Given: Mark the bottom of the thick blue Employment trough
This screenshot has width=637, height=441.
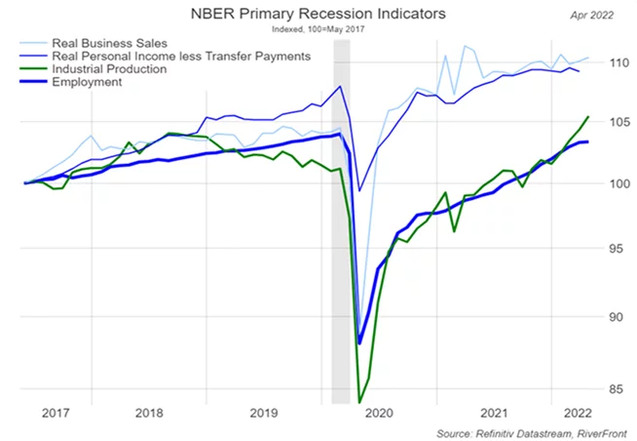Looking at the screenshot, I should coord(359,342).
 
